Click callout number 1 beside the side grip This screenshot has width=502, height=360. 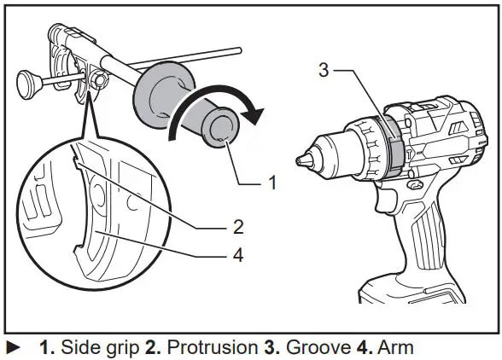(x=272, y=181)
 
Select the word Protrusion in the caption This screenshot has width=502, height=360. (x=202, y=347)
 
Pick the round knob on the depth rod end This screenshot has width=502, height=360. (x=25, y=83)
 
